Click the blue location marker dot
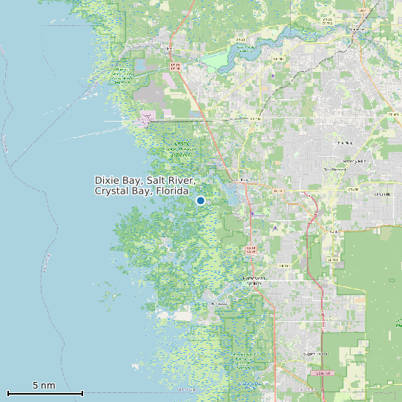200,200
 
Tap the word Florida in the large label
170,191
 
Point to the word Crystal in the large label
111,191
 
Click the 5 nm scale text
44,386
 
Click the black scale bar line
45,393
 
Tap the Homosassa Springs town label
253,280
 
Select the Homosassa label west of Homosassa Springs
220,303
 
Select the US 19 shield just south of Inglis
176,66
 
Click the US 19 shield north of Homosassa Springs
250,249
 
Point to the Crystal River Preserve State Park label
182,148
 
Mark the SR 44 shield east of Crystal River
278,191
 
